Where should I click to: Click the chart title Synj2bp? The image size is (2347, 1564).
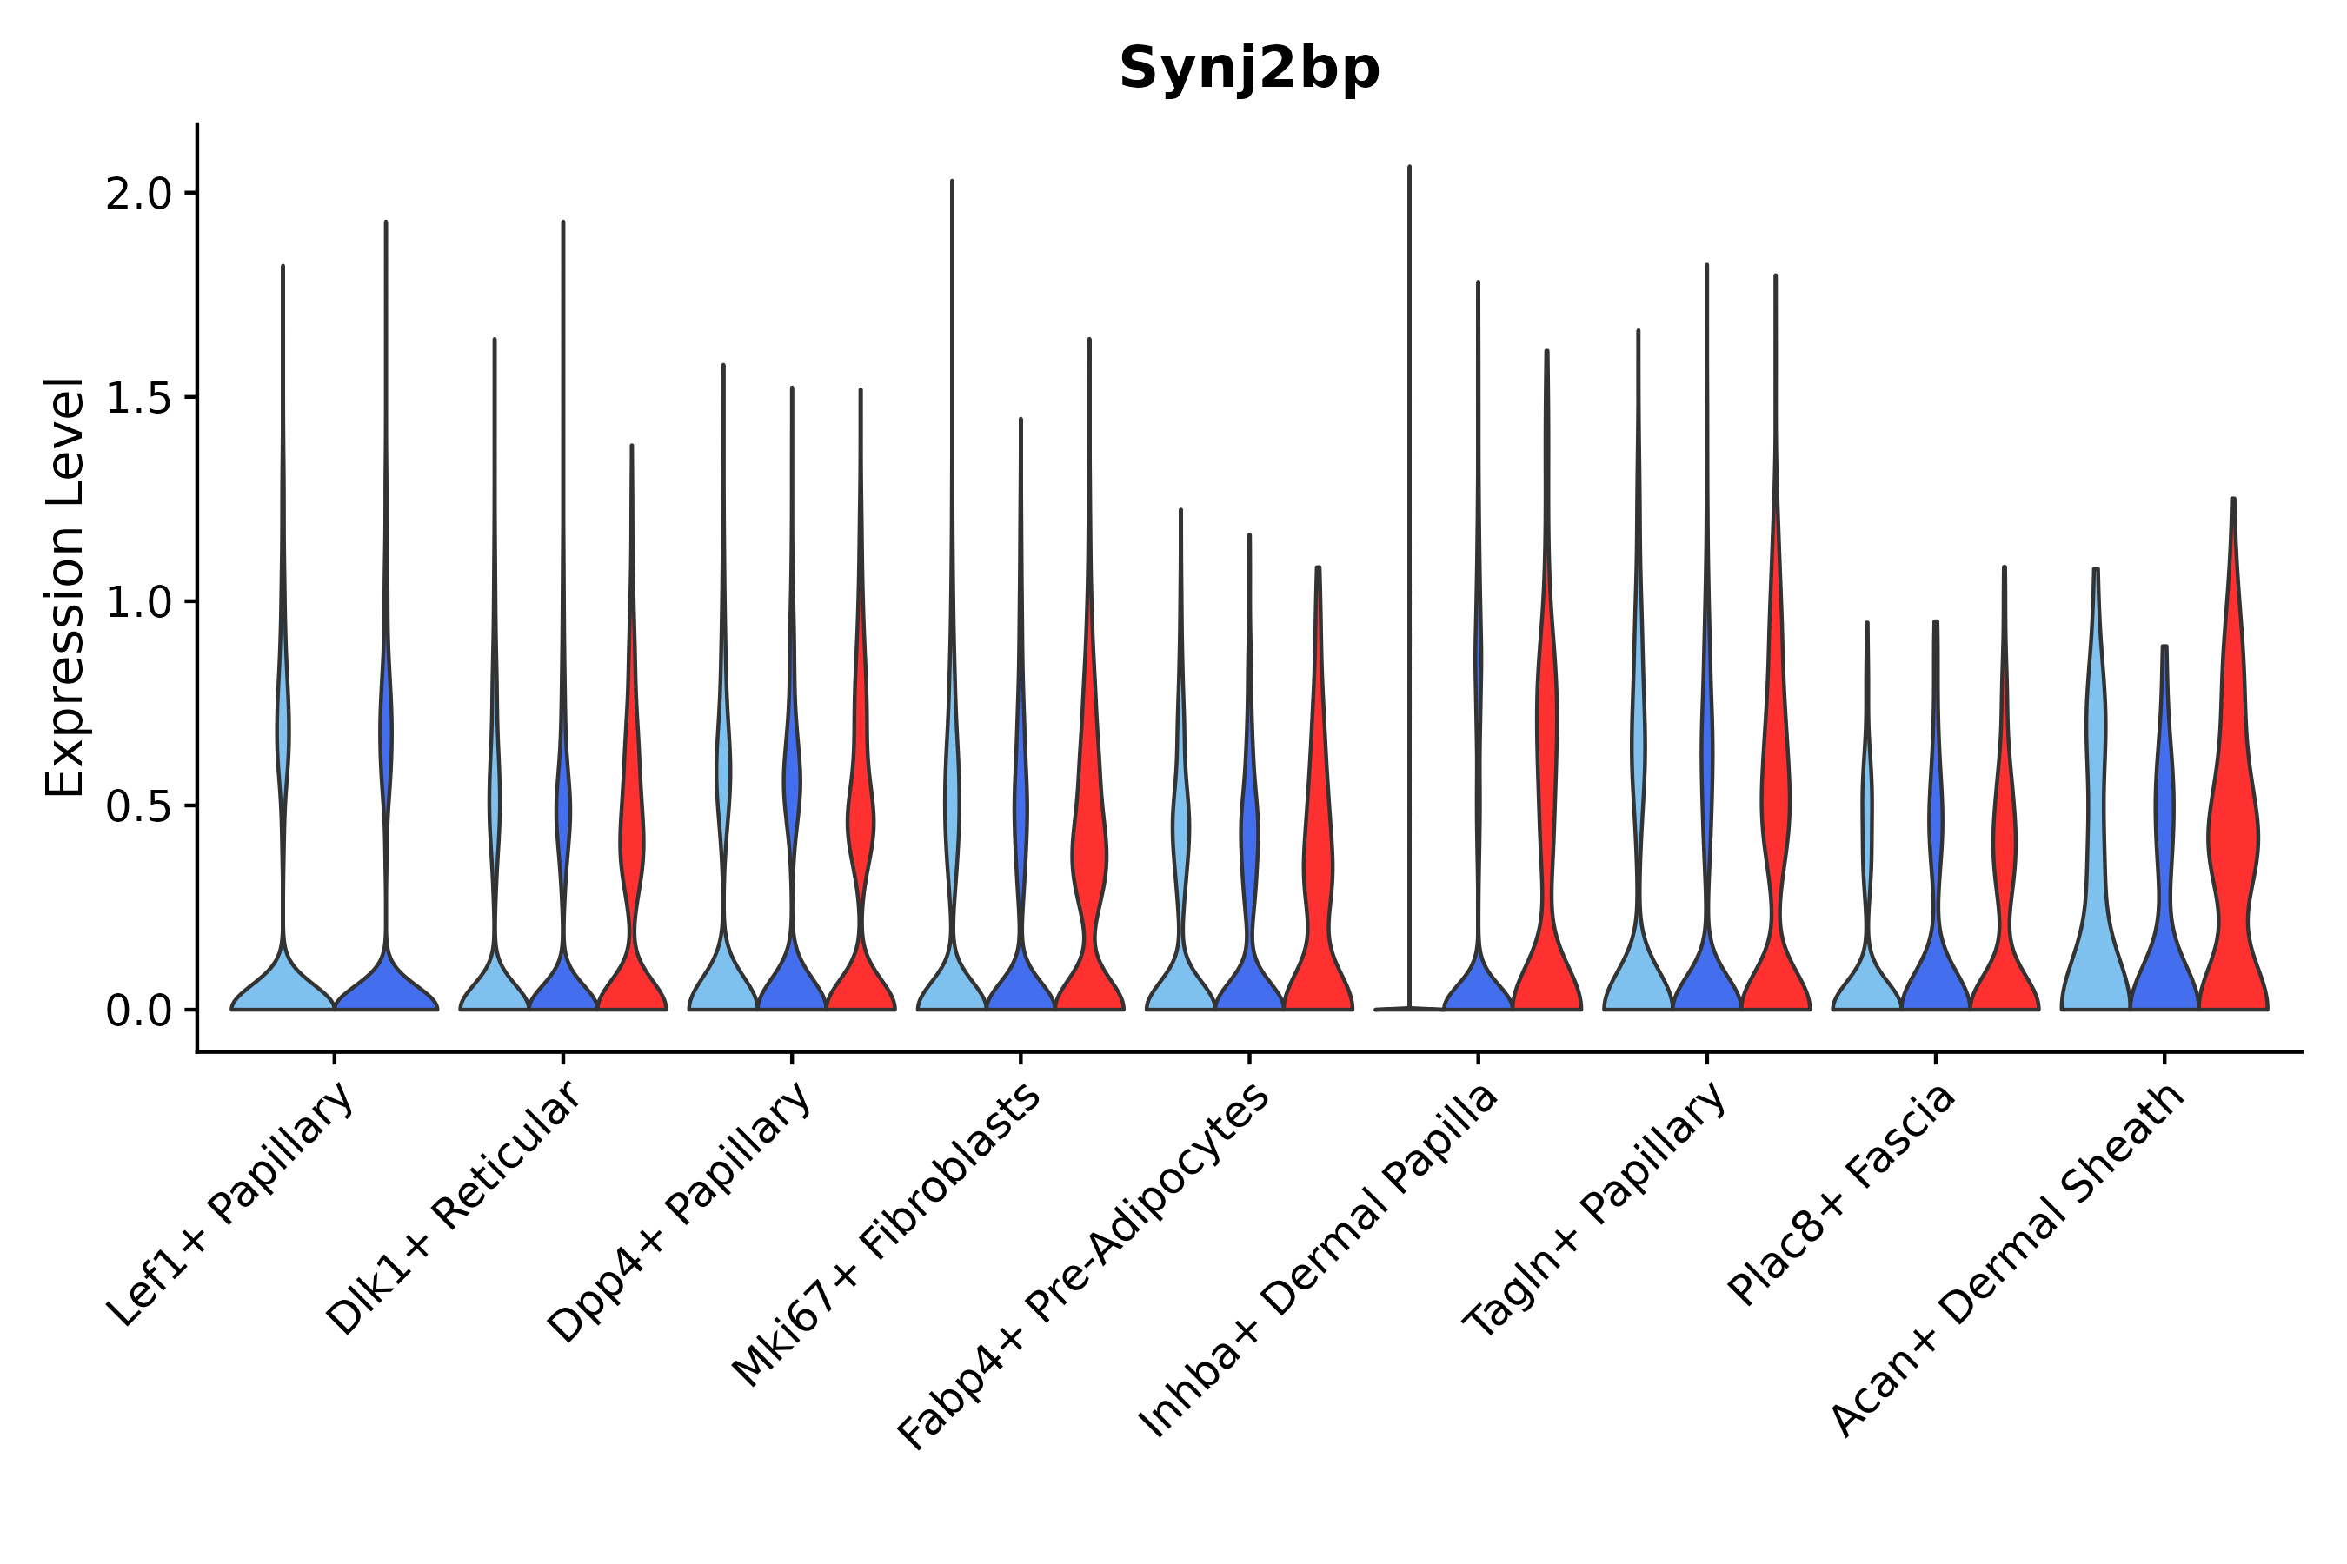[x=1248, y=70]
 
